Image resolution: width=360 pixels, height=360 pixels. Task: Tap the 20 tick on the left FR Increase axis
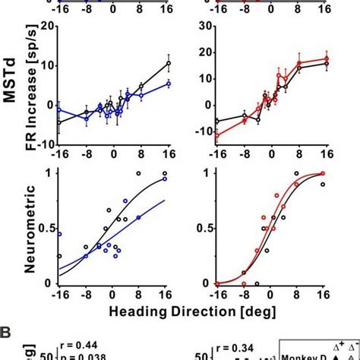pyautogui.click(x=49, y=26)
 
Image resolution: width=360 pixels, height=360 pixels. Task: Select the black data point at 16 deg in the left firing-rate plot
pyautogui.click(x=168, y=63)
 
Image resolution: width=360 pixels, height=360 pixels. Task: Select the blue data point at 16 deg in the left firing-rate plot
pyautogui.click(x=168, y=84)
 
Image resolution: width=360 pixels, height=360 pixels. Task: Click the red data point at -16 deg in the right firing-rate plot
pyautogui.click(x=215, y=135)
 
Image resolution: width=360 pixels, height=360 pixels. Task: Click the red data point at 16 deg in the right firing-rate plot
pyautogui.click(x=327, y=58)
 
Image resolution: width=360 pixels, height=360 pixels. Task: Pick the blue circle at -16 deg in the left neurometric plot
pyautogui.click(x=59, y=234)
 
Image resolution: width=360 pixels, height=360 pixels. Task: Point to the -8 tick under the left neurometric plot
pyautogui.click(x=86, y=295)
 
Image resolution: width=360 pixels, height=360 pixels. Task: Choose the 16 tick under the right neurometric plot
pyautogui.click(x=327, y=295)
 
